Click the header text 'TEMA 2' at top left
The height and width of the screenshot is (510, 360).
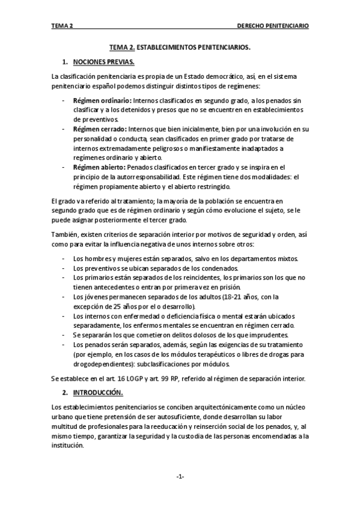[x=63, y=26]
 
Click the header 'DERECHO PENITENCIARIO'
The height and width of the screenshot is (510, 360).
[x=273, y=26]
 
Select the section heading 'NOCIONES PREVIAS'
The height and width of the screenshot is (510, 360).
[x=103, y=62]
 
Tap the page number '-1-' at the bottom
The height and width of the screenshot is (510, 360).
[x=180, y=477]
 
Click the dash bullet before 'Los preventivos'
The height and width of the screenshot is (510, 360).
[x=64, y=268]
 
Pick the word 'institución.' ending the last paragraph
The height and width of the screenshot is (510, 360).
[x=69, y=446]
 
